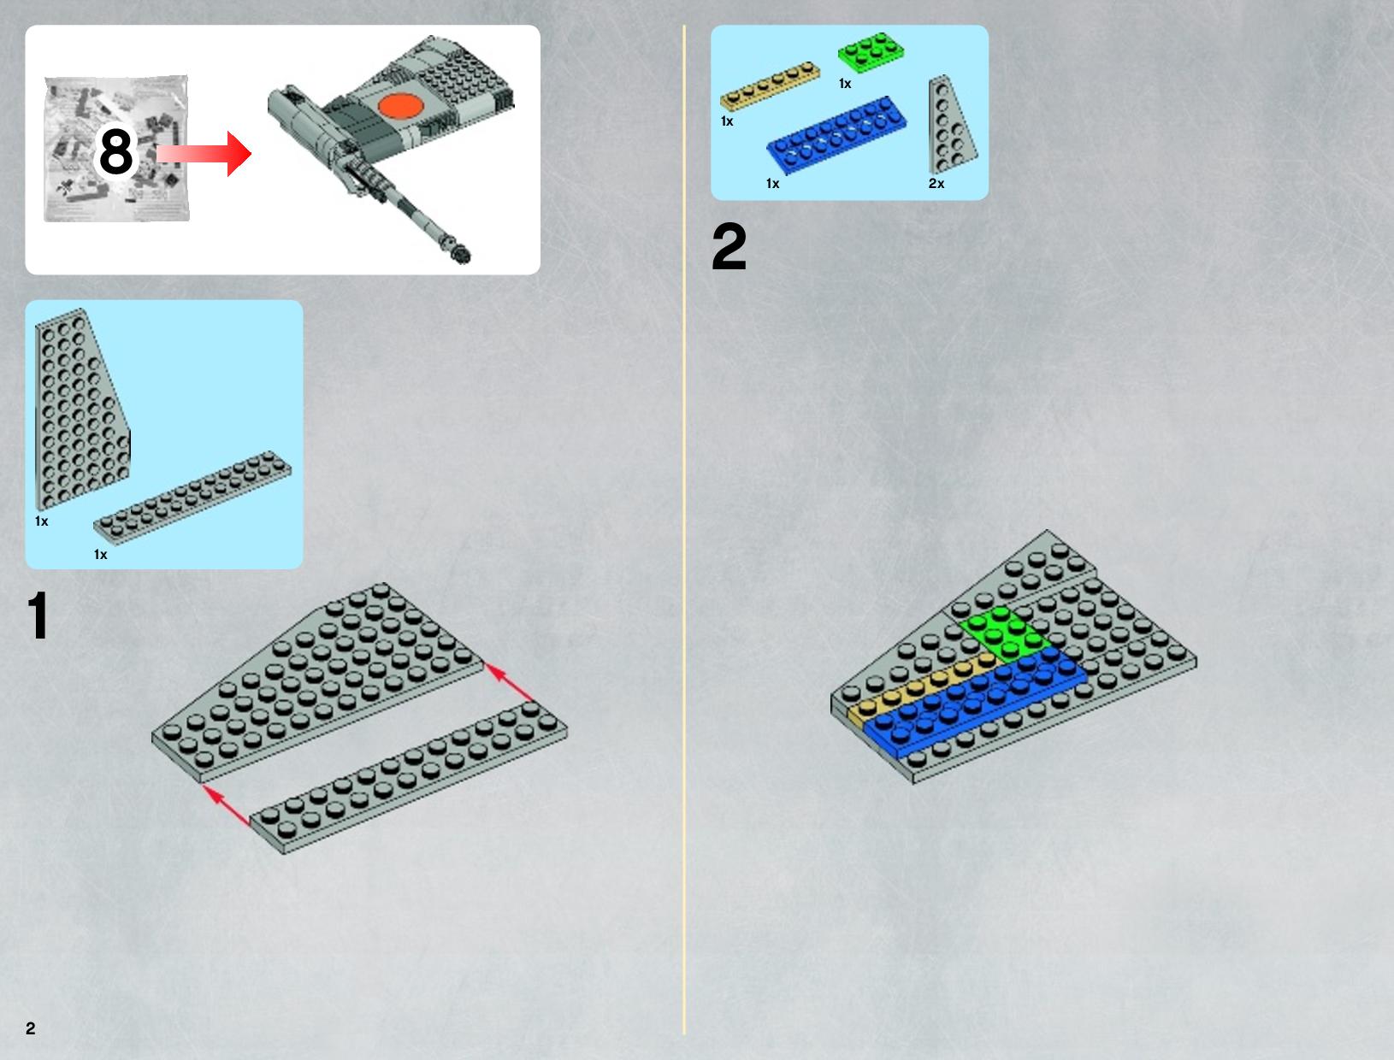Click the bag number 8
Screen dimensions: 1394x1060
pyautogui.click(x=116, y=151)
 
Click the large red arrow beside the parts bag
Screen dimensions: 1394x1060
pyautogui.click(x=204, y=154)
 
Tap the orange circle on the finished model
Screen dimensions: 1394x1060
pyautogui.click(x=401, y=106)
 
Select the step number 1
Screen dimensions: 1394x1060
pyautogui.click(x=38, y=615)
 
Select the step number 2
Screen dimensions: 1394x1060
pyautogui.click(x=729, y=246)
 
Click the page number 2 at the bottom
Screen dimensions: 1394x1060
pyautogui.click(x=31, y=1028)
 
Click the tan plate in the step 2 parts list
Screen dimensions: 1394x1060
pyautogui.click(x=770, y=86)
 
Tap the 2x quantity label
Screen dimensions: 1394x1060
pyautogui.click(x=936, y=184)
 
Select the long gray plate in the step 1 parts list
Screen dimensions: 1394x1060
pyautogui.click(x=192, y=498)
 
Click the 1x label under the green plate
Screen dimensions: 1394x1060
pyautogui.click(x=845, y=84)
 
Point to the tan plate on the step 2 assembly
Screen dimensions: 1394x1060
pyautogui.click(x=921, y=690)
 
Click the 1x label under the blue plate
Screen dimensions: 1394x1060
pyautogui.click(x=772, y=184)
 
